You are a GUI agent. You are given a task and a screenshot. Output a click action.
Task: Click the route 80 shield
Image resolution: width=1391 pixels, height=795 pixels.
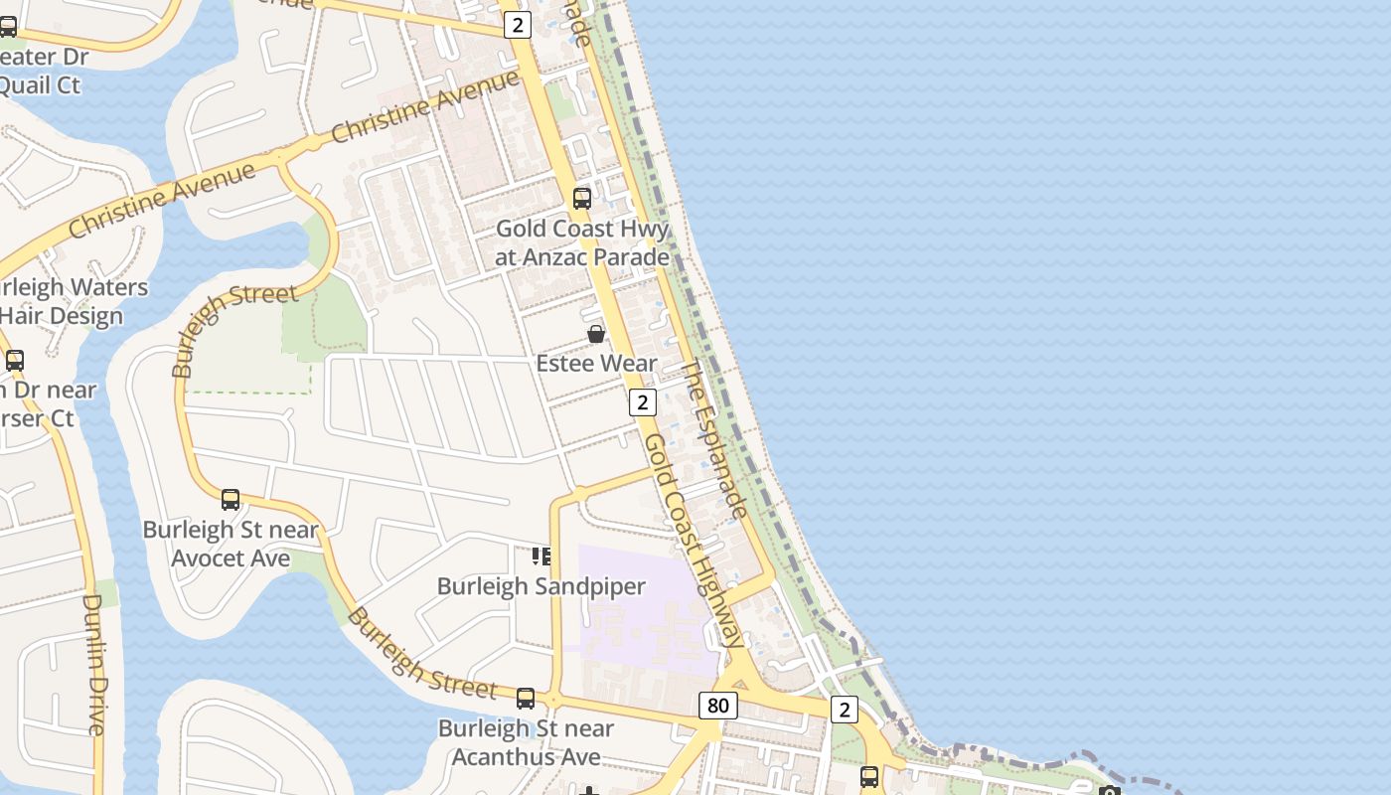717,706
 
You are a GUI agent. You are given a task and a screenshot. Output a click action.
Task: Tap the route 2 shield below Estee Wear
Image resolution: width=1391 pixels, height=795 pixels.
643,402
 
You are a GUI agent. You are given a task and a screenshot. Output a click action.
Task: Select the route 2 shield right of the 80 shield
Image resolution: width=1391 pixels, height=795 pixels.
844,709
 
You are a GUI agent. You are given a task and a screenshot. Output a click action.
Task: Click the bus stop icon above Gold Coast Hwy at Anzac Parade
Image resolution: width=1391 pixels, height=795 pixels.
582,198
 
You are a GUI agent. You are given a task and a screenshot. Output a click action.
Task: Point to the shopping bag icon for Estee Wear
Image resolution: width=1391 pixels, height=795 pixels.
596,334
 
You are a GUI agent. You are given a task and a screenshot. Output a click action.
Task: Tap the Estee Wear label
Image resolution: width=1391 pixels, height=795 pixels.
596,363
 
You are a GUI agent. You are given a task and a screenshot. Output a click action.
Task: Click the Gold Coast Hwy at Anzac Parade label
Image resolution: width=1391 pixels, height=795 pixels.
582,242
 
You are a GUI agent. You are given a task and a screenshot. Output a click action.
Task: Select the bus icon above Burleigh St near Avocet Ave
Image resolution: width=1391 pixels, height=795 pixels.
231,499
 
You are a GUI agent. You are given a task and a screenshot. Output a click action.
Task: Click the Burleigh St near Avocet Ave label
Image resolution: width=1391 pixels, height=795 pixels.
231,544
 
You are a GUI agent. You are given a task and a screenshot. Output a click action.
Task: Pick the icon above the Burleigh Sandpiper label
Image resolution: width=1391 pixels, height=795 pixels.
541,556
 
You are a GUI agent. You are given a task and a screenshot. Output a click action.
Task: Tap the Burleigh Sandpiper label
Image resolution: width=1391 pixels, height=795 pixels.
541,586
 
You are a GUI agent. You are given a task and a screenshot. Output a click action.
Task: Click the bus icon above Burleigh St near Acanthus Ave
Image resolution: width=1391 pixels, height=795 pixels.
526,699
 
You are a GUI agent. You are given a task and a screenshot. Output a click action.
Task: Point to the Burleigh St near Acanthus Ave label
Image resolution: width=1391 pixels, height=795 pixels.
527,742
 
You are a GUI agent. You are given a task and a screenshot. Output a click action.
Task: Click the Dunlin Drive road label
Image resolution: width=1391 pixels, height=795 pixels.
92,664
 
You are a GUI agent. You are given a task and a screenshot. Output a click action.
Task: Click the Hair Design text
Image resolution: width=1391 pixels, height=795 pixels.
62,316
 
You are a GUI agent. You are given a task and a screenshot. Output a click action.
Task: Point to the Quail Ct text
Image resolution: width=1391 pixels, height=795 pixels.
40,85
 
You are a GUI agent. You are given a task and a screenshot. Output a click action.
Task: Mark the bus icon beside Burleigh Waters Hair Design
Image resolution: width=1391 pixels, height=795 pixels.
14,360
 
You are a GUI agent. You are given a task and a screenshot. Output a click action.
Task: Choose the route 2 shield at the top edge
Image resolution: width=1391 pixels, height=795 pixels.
517,25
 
